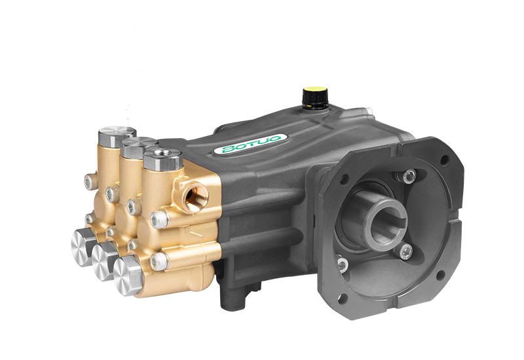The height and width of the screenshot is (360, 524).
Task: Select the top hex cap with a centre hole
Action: pyautogui.click(x=162, y=159)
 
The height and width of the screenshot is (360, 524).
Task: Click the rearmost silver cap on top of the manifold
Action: pyautogui.click(x=117, y=135)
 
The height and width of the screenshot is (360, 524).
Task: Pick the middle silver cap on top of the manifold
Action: pyautogui.click(x=140, y=147)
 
